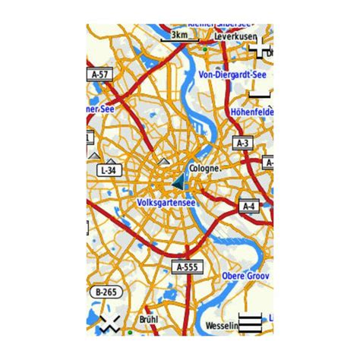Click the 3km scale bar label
(x=179, y=35)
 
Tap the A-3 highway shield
(x=243, y=142)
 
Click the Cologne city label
(x=205, y=168)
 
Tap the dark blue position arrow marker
(x=178, y=183)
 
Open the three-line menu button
(x=251, y=322)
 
